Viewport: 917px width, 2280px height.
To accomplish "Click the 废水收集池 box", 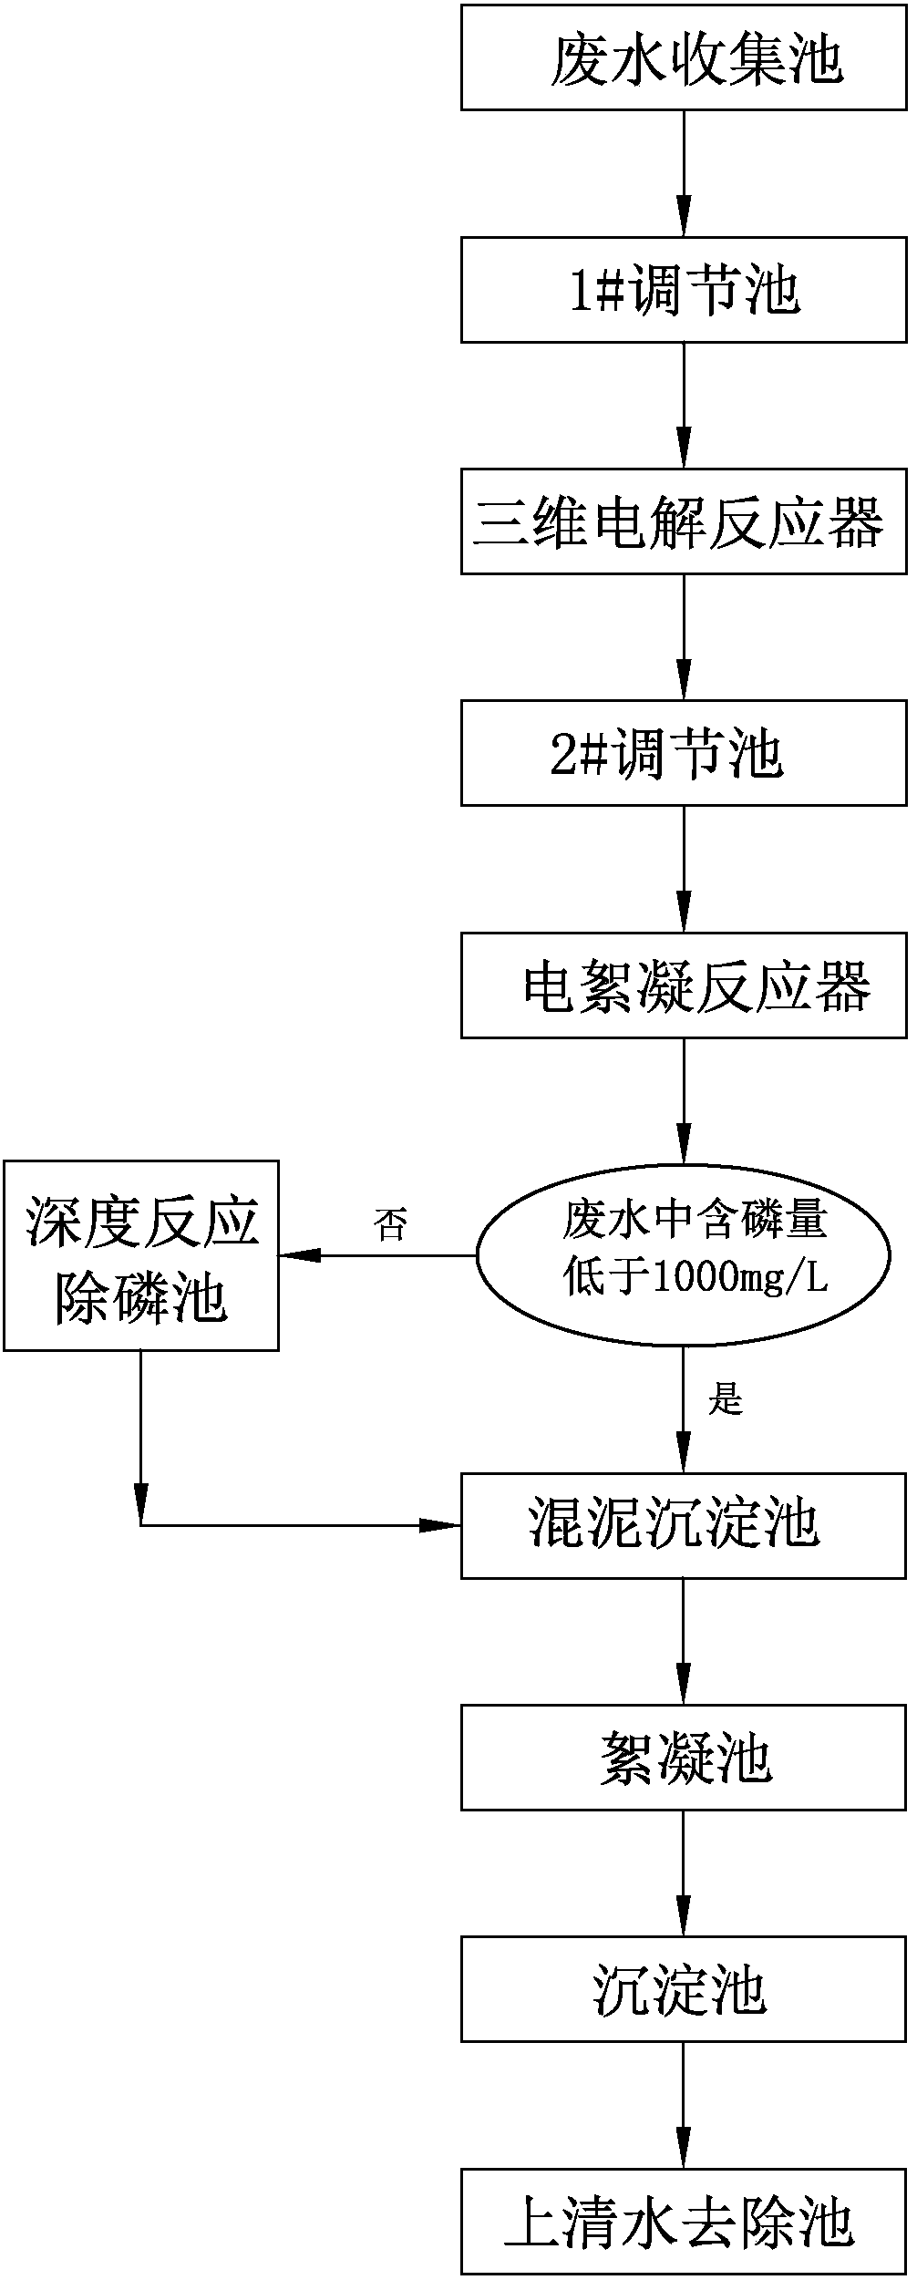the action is [684, 57].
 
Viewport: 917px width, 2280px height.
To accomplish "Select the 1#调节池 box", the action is [684, 290].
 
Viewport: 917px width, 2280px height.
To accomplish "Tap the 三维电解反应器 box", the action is [684, 521].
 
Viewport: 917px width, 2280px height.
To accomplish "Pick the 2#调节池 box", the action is [684, 753].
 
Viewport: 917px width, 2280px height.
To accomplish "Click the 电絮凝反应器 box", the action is [684, 985].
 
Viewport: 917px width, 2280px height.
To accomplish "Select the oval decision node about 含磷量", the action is [684, 1255].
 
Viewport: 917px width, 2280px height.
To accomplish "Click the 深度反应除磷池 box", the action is [141, 1255].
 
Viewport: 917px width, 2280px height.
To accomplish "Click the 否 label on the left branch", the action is [390, 1223].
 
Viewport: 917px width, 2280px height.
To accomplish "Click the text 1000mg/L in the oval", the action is [738, 1279].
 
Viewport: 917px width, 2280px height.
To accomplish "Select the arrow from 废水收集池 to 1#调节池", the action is [684, 174].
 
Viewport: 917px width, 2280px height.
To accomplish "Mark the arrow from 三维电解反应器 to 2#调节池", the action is [684, 638].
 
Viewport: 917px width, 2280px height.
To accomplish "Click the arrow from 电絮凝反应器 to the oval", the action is [684, 1100].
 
